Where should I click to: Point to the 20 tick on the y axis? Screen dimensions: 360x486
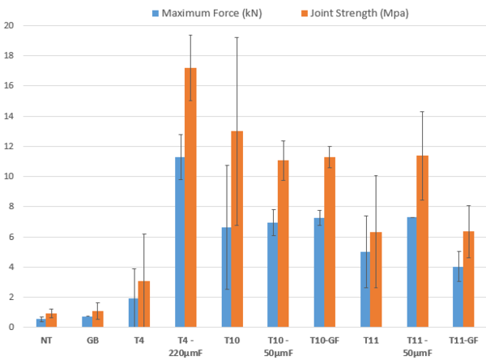coord(11,25)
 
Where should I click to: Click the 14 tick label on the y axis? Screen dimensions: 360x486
coord(11,116)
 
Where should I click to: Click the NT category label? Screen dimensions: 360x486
coord(46,342)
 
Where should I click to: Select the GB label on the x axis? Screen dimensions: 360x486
coord(92,342)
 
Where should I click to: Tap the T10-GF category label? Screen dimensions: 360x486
coord(324,342)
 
